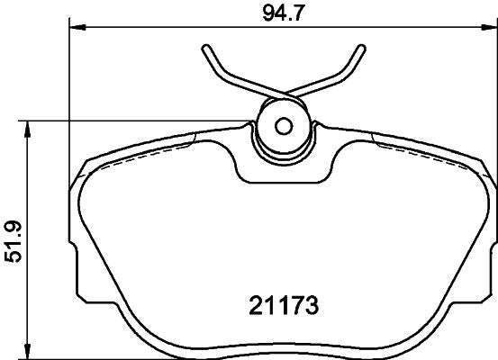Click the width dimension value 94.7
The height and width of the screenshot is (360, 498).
[x=281, y=12]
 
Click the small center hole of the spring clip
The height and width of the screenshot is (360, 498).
[x=281, y=125]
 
